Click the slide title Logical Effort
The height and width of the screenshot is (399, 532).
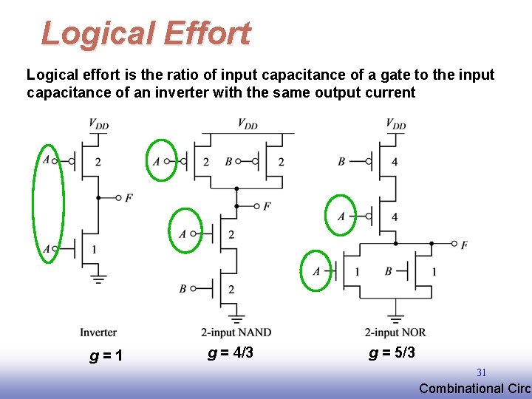pos(146,33)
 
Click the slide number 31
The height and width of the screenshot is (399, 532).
pos(481,373)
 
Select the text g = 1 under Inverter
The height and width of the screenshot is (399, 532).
pos(106,356)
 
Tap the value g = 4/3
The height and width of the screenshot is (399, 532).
pos(231,353)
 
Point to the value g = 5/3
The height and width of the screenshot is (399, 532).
pos(392,353)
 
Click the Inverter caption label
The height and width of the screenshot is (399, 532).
pos(98,333)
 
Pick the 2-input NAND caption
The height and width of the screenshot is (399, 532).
pos(236,333)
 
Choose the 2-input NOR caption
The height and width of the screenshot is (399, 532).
pos(395,333)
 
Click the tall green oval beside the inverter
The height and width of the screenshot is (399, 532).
pos(48,203)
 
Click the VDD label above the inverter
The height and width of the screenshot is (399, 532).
pos(98,124)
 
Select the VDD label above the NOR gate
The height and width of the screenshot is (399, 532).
pos(395,124)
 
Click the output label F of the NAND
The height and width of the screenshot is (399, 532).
pos(267,206)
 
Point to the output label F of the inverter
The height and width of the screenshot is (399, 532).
pos(129,198)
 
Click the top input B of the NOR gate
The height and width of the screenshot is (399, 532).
pos(341,161)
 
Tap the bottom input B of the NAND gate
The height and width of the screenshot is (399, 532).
pos(183,289)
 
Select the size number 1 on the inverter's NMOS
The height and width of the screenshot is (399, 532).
pos(94,250)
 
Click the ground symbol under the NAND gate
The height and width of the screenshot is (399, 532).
pos(236,318)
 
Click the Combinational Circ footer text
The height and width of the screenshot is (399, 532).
pos(474,389)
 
